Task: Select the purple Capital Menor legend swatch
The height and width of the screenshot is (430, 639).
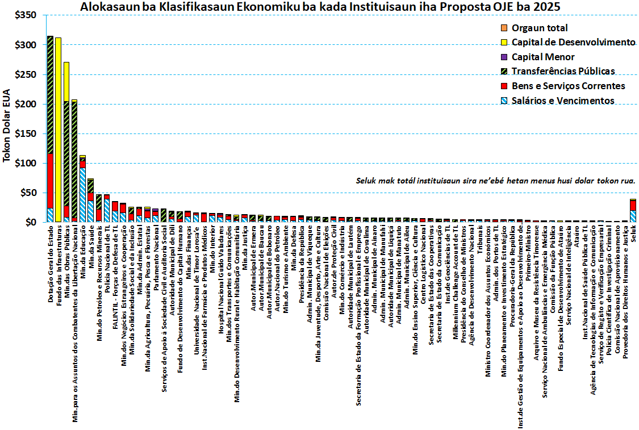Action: pyautogui.click(x=503, y=57)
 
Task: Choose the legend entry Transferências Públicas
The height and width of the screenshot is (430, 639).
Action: pyautogui.click(x=563, y=72)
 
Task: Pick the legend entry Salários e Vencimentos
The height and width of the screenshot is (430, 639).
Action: pyautogui.click(x=563, y=101)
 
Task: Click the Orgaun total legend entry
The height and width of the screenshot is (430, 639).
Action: pyautogui.click(x=539, y=28)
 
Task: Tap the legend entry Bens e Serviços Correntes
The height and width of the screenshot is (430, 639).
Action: pyautogui.click(x=568, y=86)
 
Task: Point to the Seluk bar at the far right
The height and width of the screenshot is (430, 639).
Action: pyautogui.click(x=633, y=211)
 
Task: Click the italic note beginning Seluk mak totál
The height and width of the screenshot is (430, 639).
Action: pyautogui.click(x=495, y=181)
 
